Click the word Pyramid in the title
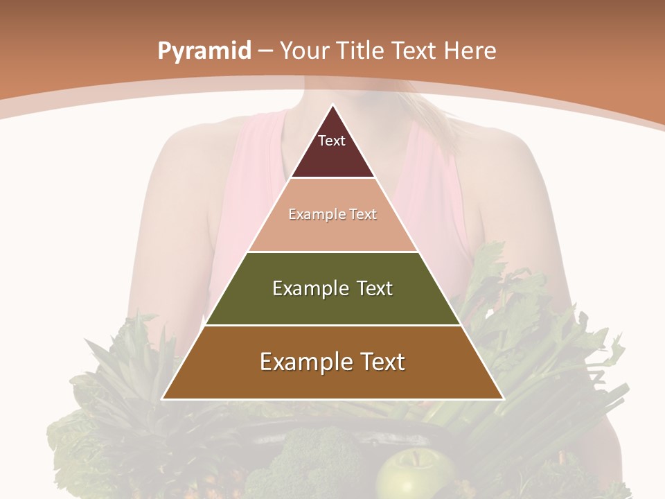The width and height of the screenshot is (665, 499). click(204, 51)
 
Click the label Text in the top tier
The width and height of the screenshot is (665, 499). click(332, 141)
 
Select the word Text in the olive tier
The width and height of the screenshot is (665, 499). click(374, 288)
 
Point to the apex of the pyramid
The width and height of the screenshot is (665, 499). click(332, 105)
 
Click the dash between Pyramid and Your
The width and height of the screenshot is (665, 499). click(266, 51)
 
